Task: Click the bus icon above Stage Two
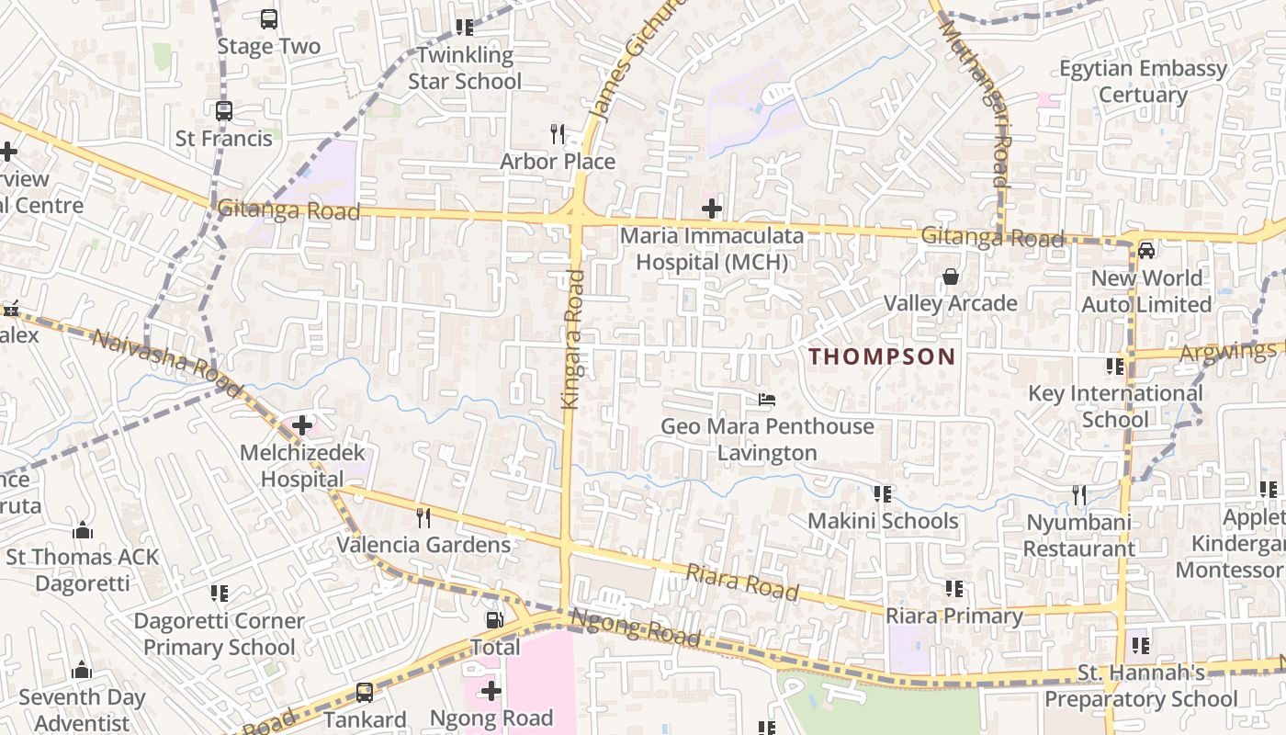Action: point(269,18)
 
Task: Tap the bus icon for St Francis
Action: point(224,111)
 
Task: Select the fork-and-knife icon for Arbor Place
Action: point(558,134)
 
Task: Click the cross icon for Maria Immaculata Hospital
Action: point(712,209)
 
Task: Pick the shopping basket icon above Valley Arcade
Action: point(951,277)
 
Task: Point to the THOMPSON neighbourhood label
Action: point(882,356)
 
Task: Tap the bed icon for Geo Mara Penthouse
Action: point(767,400)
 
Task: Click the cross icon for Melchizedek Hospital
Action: point(302,425)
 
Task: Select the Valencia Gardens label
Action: point(423,545)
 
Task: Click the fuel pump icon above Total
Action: point(495,620)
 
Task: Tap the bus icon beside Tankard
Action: point(365,692)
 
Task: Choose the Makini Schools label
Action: point(883,521)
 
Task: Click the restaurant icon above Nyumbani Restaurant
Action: point(1079,495)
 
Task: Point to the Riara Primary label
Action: point(954,616)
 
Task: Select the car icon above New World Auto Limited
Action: point(1146,250)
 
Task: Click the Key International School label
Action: point(1115,406)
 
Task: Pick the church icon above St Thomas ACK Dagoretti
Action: point(83,531)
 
